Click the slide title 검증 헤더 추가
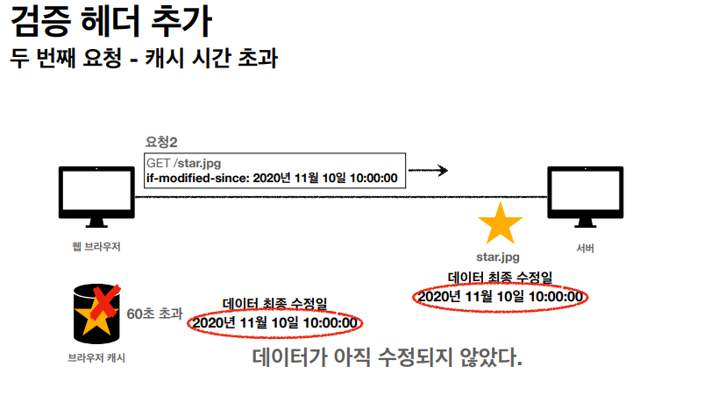click(111, 20)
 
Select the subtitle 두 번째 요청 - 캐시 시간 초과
click(144, 59)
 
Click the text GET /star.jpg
click(183, 163)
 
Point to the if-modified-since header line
click(272, 179)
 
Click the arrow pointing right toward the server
click(429, 170)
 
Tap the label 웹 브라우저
click(96, 247)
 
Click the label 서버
click(586, 249)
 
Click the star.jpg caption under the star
click(497, 257)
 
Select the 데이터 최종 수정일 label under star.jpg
click(500, 278)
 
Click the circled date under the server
click(501, 297)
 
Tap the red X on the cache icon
click(104, 302)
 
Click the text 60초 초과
click(155, 313)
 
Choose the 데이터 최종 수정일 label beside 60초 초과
click(274, 304)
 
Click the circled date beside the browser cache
click(275, 323)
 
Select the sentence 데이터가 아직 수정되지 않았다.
click(387, 358)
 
